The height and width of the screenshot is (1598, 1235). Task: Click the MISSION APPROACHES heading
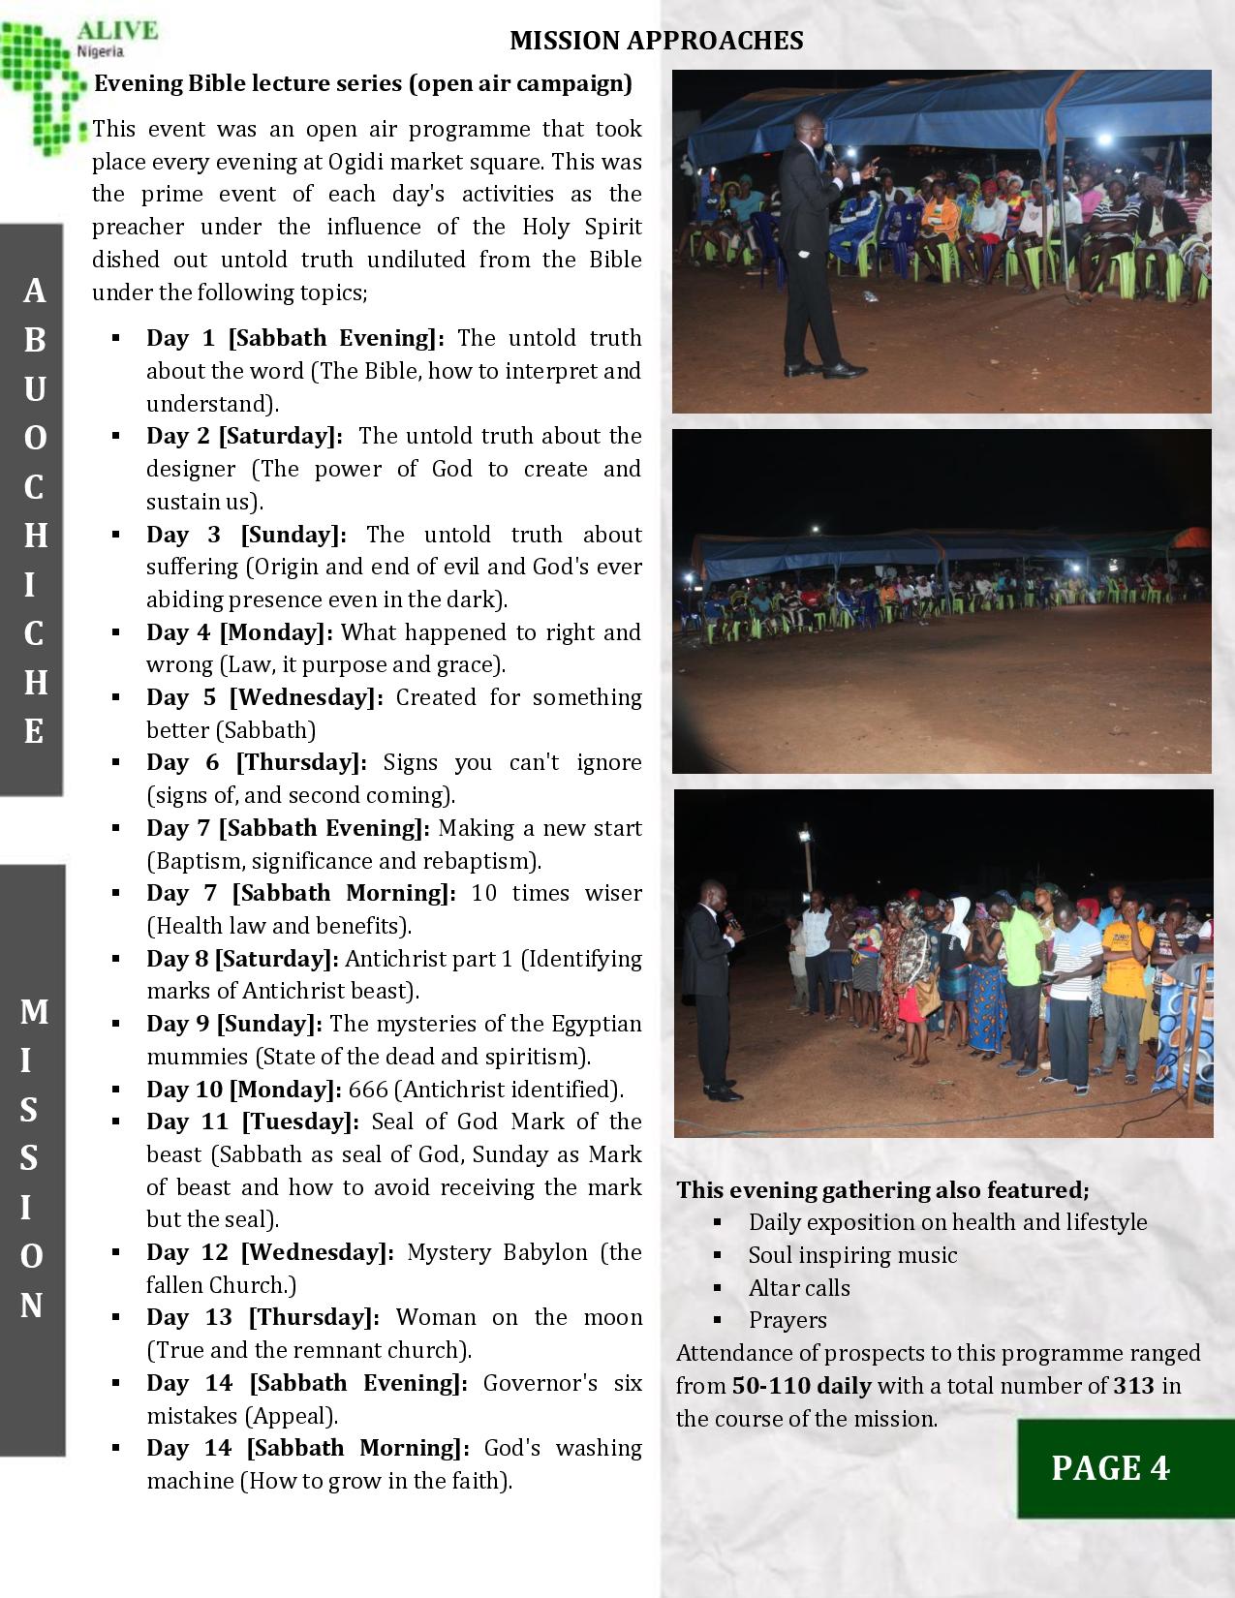tap(656, 40)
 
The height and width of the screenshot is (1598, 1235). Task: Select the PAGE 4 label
tap(1110, 1468)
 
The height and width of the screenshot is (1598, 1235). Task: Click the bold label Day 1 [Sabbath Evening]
tap(294, 338)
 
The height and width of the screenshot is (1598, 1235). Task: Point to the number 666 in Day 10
tap(368, 1090)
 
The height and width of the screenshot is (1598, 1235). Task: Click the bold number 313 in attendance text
tap(1133, 1386)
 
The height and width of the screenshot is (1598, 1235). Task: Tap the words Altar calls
tap(799, 1288)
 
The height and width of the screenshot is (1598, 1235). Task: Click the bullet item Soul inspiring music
tap(852, 1255)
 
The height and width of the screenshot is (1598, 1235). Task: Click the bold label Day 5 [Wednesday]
tap(264, 697)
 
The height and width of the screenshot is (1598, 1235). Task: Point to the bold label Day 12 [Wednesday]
tap(270, 1252)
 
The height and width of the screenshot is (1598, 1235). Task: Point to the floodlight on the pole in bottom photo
tap(806, 833)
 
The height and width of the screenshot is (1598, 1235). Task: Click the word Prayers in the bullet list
tap(787, 1320)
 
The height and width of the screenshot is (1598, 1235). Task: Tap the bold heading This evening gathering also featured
tap(882, 1190)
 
